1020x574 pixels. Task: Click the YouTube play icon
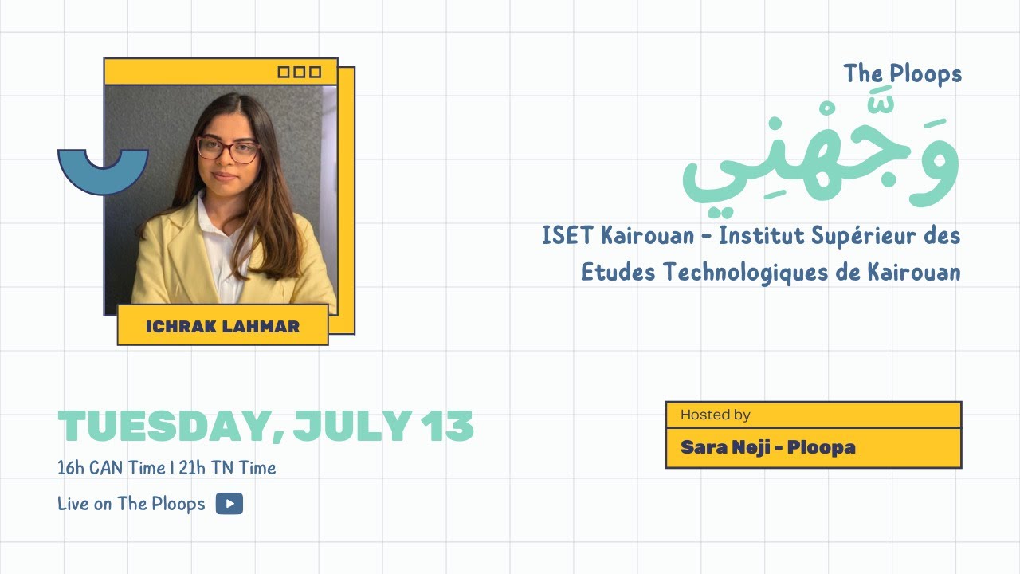coord(229,504)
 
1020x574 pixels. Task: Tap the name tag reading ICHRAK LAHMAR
coord(222,325)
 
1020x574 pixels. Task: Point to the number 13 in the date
coord(448,427)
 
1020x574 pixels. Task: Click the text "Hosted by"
coord(715,415)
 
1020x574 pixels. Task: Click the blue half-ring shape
coord(103,170)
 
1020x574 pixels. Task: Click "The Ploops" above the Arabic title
coord(903,74)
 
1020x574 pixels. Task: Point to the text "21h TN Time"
coord(228,468)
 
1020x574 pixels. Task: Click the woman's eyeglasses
coord(228,149)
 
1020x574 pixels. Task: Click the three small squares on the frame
coord(299,72)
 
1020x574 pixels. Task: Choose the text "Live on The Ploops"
coord(131,504)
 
